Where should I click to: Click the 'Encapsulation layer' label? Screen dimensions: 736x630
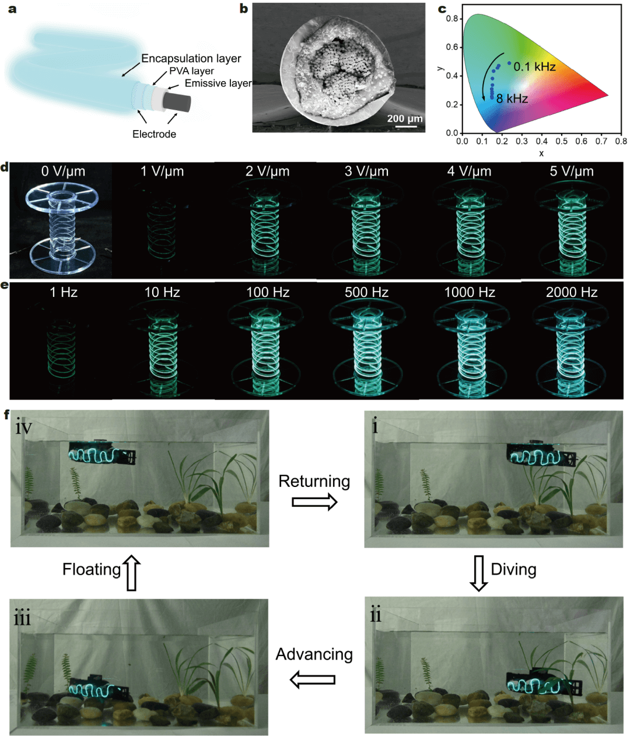pos(191,58)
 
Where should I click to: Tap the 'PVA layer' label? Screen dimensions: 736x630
pos(191,71)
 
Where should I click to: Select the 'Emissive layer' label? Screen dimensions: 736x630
pos(218,83)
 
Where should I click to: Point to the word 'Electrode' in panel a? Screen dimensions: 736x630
pos(154,134)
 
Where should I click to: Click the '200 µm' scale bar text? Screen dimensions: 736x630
pos(405,119)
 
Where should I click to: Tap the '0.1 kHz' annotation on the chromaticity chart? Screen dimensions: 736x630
pos(534,66)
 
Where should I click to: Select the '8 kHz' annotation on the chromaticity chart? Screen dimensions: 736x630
pos(512,99)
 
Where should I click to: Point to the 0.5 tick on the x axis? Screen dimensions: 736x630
pos(562,141)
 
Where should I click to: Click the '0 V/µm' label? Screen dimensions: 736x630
pos(63,171)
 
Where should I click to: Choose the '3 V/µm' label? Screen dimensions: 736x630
pos(366,171)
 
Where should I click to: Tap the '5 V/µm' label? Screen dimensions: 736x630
pos(572,171)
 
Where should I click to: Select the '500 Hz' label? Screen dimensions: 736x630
pos(366,292)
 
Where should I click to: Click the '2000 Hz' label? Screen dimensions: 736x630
pos(572,292)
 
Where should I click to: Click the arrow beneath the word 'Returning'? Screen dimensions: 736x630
pos(314,502)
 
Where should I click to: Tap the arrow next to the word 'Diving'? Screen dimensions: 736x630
pos(479,573)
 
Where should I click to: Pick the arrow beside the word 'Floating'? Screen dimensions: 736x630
pos(132,573)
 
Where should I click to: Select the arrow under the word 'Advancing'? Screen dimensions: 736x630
pos(313,679)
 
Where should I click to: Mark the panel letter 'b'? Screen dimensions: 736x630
pos(244,9)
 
